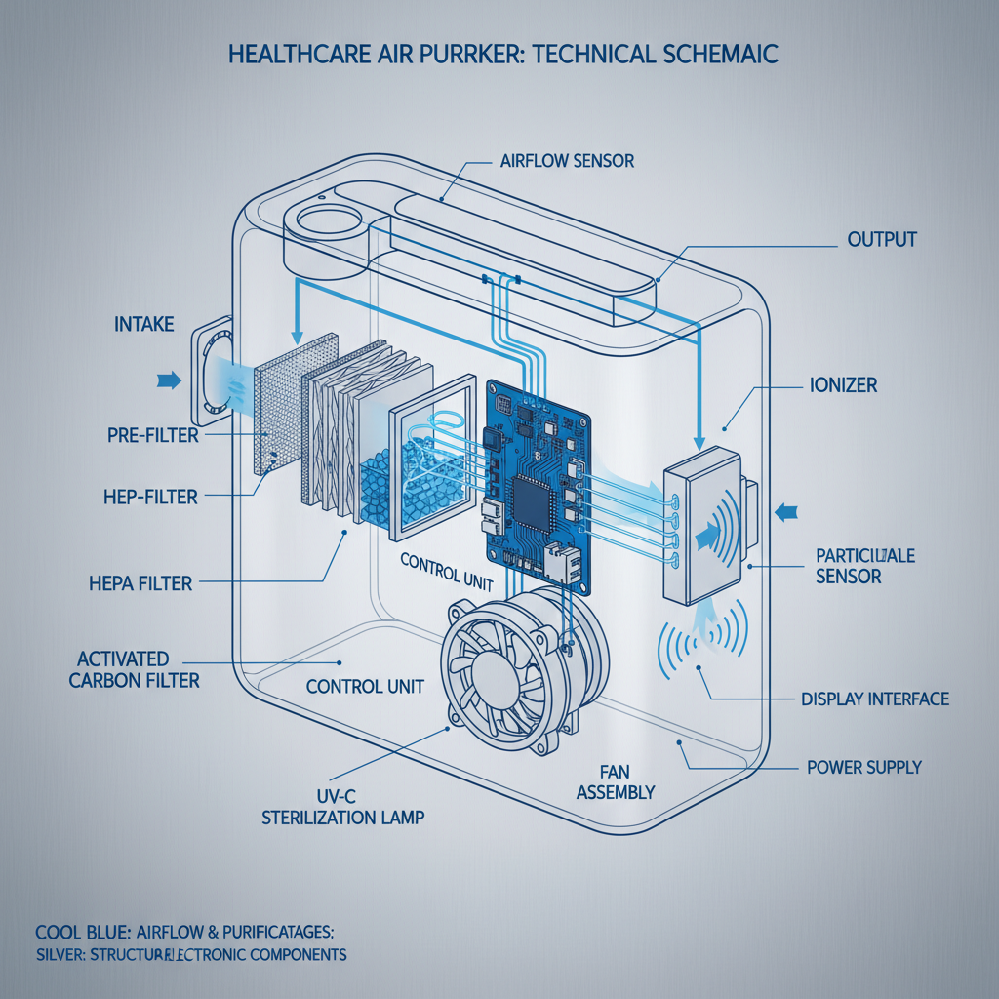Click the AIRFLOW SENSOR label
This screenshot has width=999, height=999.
tap(566, 161)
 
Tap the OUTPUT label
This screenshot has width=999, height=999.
tap(882, 239)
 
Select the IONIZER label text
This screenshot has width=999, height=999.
tap(843, 385)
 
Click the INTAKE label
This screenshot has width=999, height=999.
tap(143, 323)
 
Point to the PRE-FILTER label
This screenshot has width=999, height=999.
tap(152, 435)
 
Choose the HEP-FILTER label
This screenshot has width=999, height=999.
tap(152, 497)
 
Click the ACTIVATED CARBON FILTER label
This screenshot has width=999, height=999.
tap(134, 669)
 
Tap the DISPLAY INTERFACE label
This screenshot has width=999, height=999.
tap(874, 699)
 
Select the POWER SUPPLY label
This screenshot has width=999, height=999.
tap(863, 768)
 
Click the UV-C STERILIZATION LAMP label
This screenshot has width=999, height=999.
tap(342, 807)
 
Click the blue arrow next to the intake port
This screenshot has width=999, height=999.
tap(169, 380)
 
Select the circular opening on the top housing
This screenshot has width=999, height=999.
tap(323, 219)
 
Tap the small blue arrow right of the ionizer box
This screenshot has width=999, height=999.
tap(788, 509)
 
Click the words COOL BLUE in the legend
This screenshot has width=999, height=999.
tap(74, 929)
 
